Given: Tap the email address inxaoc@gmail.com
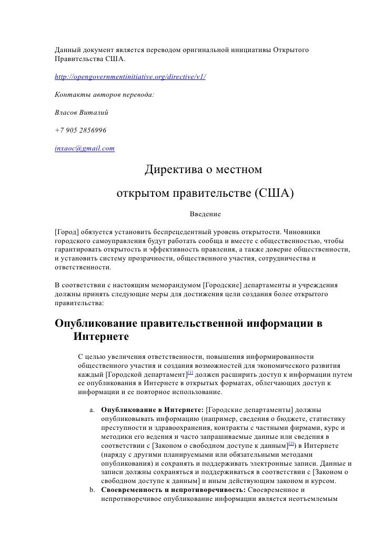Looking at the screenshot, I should (x=85, y=148).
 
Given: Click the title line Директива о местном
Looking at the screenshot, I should (x=205, y=171).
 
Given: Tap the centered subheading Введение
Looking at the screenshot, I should (x=205, y=214).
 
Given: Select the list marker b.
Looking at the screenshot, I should (x=92, y=491).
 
